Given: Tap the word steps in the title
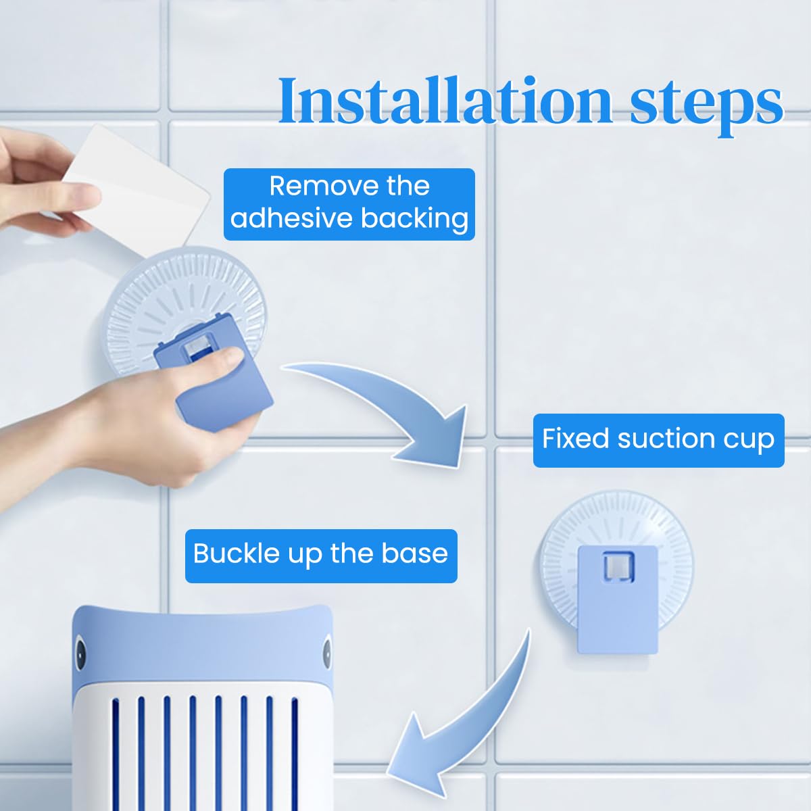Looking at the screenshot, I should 707,103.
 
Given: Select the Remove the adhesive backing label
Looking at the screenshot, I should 349,203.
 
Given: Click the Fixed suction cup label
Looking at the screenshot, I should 658,440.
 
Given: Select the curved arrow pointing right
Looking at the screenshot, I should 392,405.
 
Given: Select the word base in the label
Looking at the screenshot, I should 415,554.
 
